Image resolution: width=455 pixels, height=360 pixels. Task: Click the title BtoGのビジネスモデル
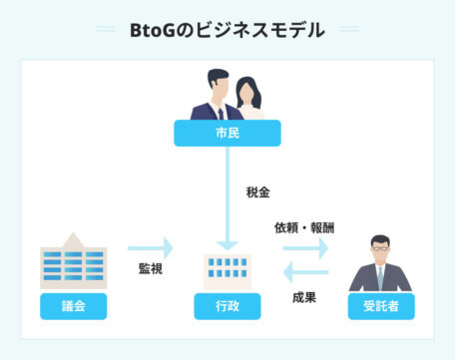tap(227, 31)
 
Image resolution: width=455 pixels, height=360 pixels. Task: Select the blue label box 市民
tap(227, 133)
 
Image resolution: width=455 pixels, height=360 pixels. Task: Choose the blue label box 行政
tap(227, 306)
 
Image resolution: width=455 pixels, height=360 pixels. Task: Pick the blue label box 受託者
tap(381, 306)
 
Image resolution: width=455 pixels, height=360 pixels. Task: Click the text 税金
tap(257, 191)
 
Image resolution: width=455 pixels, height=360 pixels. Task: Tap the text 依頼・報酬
tap(304, 226)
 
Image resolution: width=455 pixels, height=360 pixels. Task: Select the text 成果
tap(304, 296)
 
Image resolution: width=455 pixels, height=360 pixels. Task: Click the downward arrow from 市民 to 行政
tap(227, 199)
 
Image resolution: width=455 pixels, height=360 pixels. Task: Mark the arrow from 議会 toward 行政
tap(150, 247)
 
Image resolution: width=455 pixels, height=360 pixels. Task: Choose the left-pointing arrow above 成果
tap(304, 272)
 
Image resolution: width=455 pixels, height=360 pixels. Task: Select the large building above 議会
tap(73, 260)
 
